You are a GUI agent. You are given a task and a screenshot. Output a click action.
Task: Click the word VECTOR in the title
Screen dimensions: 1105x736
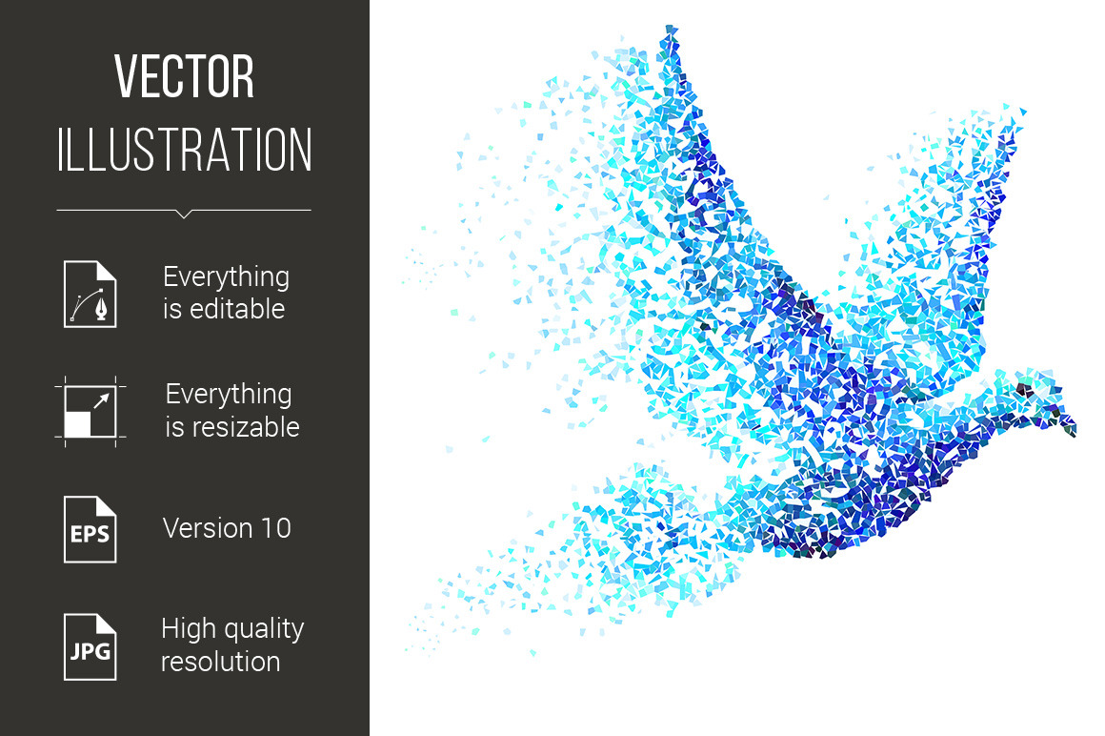click(184, 76)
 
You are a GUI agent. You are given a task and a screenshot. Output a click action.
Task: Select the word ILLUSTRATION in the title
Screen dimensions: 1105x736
click(184, 150)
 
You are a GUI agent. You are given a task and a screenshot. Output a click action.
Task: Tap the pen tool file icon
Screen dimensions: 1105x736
click(90, 294)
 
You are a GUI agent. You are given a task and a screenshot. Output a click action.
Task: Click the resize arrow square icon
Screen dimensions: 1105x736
click(90, 412)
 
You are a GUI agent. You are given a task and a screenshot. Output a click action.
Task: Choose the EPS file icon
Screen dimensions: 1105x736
click(90, 529)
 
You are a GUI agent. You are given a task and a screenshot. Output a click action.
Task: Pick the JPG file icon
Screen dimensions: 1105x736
click(90, 646)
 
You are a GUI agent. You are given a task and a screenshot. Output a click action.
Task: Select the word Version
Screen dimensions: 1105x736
click(208, 528)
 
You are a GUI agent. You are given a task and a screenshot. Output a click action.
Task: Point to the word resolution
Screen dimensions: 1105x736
click(221, 662)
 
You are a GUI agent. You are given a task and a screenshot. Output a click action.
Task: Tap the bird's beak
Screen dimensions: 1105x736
click(1068, 424)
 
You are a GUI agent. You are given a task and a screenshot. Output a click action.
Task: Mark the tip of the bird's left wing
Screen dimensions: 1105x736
click(670, 29)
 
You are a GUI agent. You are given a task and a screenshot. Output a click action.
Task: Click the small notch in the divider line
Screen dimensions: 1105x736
click(184, 214)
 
